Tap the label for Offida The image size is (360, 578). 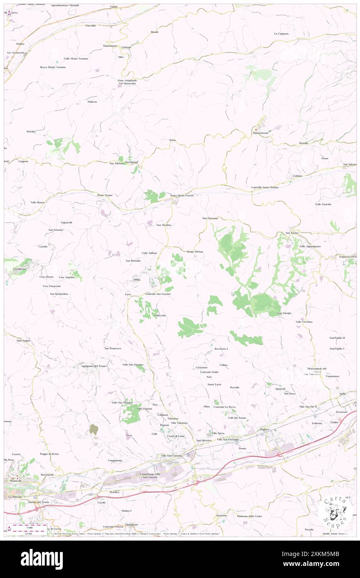click(x=137, y=280)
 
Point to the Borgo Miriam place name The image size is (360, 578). click(x=195, y=252)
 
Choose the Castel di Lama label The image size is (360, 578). click(x=176, y=436)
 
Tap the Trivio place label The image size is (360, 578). click(x=173, y=140)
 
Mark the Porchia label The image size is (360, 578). click(x=31, y=131)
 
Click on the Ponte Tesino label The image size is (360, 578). click(x=105, y=195)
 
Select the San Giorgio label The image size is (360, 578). click(x=284, y=313)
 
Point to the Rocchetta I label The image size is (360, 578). click(x=221, y=348)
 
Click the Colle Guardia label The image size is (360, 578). click(x=323, y=204)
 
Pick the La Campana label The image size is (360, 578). click(x=281, y=33)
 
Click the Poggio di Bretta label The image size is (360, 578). click(x=49, y=454)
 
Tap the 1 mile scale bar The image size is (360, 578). click(x=29, y=526)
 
